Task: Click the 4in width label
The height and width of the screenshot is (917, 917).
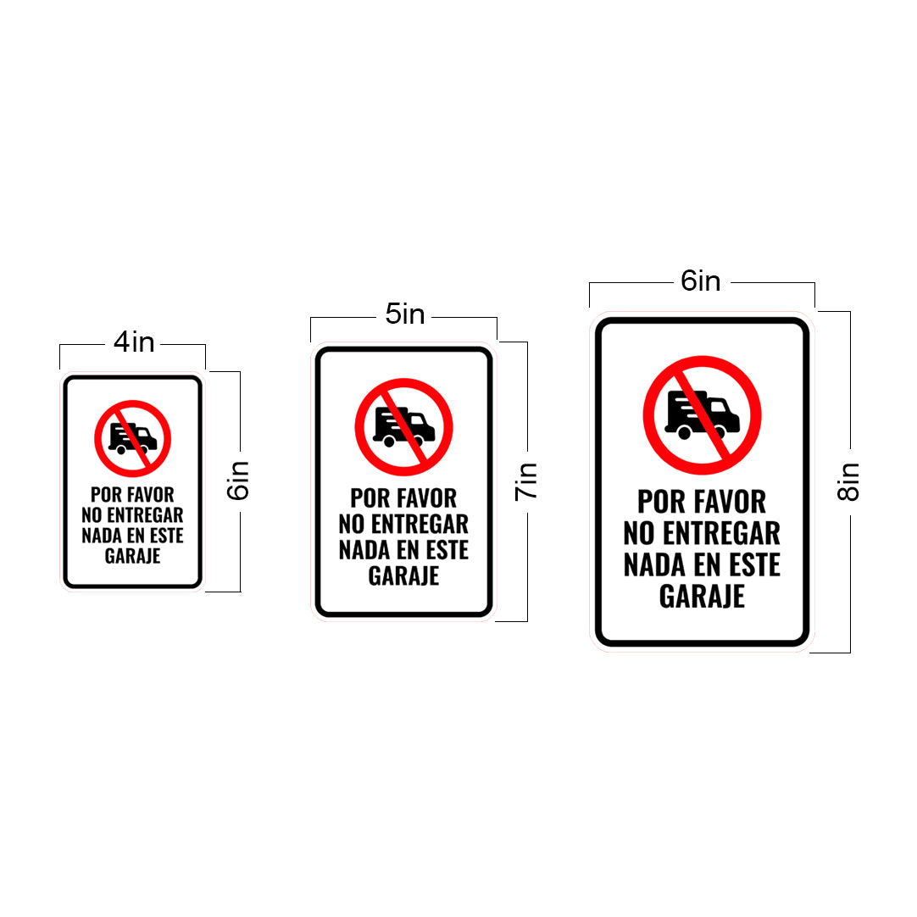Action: (134, 342)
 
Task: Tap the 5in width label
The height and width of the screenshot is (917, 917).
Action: (405, 314)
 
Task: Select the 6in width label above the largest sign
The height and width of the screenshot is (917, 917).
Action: (701, 281)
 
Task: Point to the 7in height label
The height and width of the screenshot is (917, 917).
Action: (525, 481)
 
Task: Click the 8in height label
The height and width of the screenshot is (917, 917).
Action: (848, 481)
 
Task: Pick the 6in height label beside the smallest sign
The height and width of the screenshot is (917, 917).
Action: (238, 481)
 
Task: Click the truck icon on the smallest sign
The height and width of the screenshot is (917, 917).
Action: (133, 438)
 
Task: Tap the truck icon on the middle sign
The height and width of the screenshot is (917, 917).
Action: (404, 426)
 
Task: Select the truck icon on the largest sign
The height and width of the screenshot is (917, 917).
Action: (702, 415)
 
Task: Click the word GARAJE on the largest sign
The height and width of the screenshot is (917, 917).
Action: (702, 597)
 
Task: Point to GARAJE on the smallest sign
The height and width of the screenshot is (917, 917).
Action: (133, 556)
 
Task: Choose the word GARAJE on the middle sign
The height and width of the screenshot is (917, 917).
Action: (403, 576)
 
